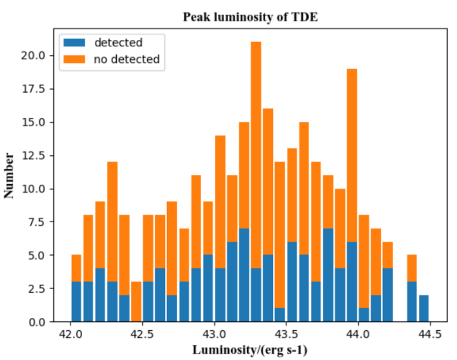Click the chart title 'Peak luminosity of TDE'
(250, 17)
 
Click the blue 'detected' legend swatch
(75, 43)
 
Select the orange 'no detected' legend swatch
(75, 59)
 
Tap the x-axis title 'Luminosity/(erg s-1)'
(250, 350)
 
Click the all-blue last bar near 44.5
(424, 308)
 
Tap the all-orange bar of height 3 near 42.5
(136, 302)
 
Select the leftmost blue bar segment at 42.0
(76, 302)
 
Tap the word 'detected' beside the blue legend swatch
(119, 43)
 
